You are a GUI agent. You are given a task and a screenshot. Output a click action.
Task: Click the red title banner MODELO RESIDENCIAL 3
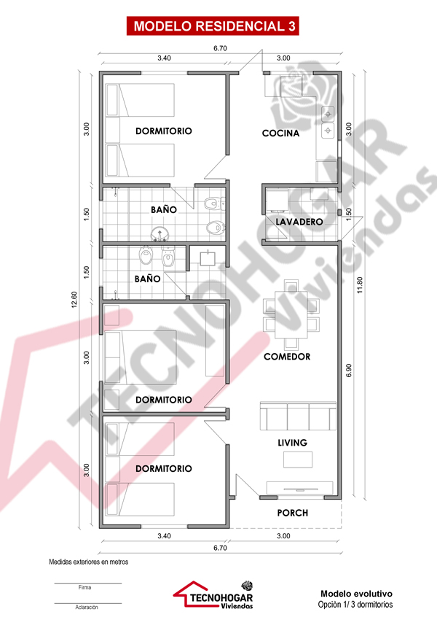coord(213,26)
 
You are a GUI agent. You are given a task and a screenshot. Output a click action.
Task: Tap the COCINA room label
coord(280,133)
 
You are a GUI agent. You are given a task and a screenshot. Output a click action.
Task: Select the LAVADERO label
coord(299,222)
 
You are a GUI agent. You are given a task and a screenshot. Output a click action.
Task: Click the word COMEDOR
coord(287,357)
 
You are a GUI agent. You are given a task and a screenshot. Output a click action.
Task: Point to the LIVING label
coord(292,443)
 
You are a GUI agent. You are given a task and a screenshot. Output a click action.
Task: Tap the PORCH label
coord(293,513)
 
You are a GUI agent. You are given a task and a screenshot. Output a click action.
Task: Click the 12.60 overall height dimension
coord(74,300)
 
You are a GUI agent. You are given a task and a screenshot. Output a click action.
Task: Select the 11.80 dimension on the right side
coord(360,284)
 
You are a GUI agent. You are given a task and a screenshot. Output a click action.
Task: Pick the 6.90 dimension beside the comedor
coord(349,370)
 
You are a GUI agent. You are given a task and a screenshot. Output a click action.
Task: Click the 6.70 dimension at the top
coord(220,48)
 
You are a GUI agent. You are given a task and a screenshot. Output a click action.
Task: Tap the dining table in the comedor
coord(291,315)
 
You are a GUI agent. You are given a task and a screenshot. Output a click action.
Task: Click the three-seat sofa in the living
coord(298,416)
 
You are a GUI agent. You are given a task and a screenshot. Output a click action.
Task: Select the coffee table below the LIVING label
coord(298,460)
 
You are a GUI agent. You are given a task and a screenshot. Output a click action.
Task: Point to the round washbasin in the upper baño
coord(160,234)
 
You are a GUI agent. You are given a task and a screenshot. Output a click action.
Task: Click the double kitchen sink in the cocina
coord(328,123)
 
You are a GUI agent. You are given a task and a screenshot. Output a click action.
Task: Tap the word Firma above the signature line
coord(85,588)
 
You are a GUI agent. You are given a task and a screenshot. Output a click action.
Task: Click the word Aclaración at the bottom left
coord(87,608)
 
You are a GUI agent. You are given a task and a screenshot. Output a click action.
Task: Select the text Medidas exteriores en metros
coord(88,562)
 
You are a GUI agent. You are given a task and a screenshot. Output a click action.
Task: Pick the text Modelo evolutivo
coord(356,594)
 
